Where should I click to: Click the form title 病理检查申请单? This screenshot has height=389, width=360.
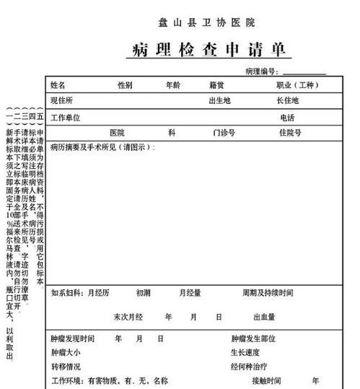(x=211, y=50)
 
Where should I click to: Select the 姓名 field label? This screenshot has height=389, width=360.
(x=58, y=85)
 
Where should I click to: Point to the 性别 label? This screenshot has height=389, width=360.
(x=125, y=85)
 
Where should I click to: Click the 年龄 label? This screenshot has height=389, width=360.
(x=173, y=85)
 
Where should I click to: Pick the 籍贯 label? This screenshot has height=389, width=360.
(x=216, y=85)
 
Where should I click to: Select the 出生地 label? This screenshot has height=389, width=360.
(x=219, y=100)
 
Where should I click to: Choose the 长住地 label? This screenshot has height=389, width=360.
(x=287, y=100)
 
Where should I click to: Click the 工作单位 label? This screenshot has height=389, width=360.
(x=65, y=117)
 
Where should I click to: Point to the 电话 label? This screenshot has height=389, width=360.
(x=287, y=117)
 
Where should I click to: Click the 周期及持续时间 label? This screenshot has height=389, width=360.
(x=268, y=293)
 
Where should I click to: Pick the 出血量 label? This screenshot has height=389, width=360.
(x=264, y=317)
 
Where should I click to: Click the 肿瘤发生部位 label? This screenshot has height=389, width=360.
(x=253, y=338)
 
